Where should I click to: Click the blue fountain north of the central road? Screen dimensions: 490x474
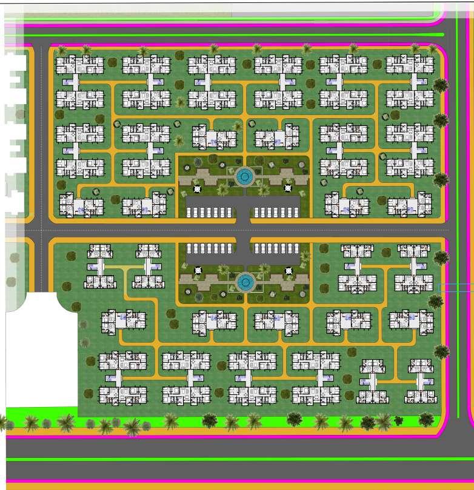click(245, 177)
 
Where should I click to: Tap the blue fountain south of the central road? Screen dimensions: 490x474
click(245, 282)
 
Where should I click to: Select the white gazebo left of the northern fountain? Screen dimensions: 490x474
click(196, 188)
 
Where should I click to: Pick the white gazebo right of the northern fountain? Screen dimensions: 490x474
click(288, 188)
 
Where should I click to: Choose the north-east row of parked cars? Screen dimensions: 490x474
click(276, 212)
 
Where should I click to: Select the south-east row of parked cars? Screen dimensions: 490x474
click(276, 248)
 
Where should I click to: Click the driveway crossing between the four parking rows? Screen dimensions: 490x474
click(243, 230)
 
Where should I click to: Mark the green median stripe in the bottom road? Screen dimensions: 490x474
click(242, 459)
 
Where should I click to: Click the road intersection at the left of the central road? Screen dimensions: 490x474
click(41, 230)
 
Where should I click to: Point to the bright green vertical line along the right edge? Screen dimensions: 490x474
click(458, 242)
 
